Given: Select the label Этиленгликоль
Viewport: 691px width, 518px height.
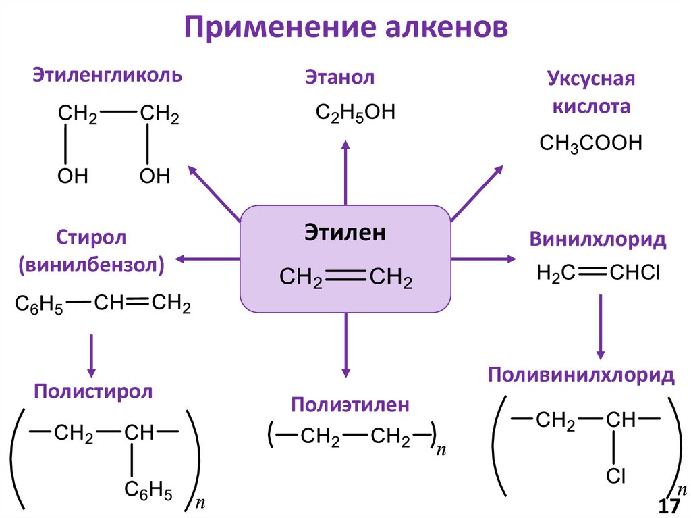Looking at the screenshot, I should coord(108,74).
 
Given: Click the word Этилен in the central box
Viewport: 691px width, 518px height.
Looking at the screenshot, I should coord(345,233).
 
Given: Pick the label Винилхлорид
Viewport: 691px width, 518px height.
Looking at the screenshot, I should coord(598,239).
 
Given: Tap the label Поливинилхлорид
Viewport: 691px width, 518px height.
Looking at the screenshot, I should coord(581,375).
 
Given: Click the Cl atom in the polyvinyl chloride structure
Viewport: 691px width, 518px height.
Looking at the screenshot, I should coord(615,477).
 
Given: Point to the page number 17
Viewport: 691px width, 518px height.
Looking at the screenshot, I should coord(668,507).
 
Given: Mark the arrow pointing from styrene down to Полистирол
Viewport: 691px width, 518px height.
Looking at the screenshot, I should coord(92,354).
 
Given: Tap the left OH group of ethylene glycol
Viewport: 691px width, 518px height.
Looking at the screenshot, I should coord(72,177).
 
